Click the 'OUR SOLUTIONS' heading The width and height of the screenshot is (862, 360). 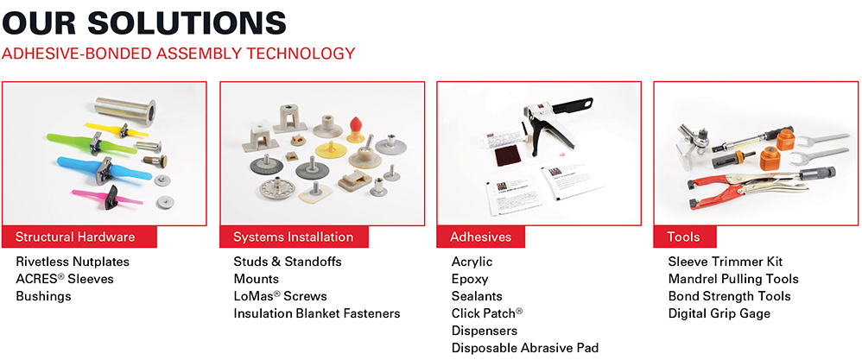144,23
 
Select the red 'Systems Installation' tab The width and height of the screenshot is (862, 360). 294,237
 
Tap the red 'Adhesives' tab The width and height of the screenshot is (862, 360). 480,237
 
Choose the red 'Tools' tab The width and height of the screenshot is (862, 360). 684,237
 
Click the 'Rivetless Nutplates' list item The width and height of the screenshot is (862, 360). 73,261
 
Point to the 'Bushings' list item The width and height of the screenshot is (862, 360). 43,296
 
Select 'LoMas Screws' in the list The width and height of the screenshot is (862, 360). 281,296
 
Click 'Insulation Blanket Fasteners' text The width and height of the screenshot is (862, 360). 317,314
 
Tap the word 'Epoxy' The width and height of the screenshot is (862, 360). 470,279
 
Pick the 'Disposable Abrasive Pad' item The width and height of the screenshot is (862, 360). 525,348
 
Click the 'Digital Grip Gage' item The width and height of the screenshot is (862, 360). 719,314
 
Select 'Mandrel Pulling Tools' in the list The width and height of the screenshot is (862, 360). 733,279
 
